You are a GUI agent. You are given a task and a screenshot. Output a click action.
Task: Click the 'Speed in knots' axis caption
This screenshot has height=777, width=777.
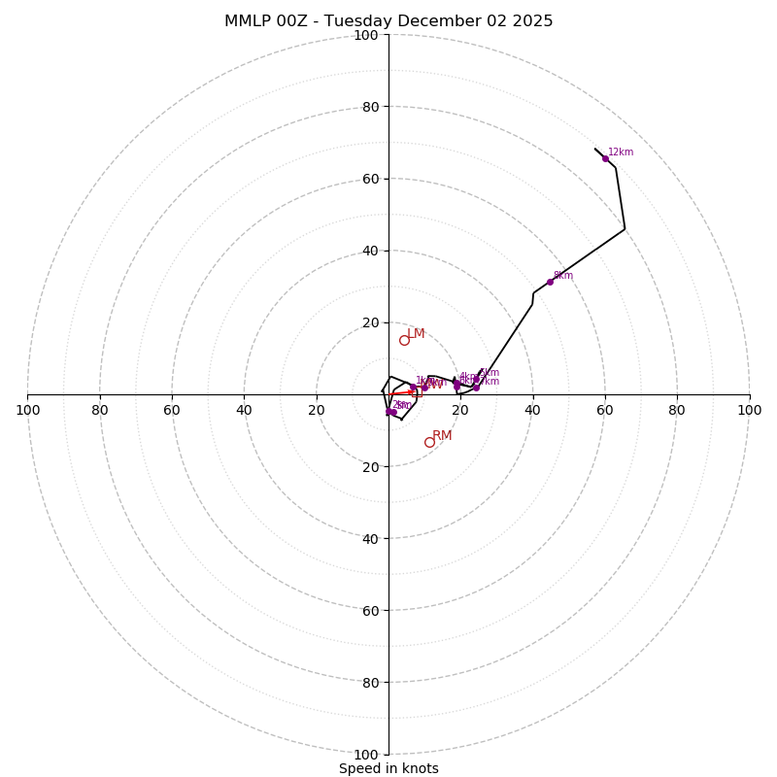[388, 768]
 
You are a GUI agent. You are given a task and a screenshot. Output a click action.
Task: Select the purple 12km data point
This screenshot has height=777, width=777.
[605, 158]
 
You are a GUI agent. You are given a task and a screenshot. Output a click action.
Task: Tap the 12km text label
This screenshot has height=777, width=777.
[621, 152]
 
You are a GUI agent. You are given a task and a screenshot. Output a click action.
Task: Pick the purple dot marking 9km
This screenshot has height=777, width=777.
[550, 282]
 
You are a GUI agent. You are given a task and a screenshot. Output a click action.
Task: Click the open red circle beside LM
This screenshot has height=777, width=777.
[404, 340]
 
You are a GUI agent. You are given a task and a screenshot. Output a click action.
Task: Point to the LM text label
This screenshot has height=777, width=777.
[416, 333]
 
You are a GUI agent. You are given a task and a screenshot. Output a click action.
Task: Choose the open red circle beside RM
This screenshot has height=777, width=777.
[429, 442]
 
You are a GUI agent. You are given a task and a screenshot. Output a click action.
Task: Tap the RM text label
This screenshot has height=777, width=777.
[442, 435]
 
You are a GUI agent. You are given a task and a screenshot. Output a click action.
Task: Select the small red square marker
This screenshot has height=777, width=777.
[417, 392]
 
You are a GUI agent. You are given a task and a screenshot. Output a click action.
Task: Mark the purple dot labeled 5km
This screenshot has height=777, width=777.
[476, 379]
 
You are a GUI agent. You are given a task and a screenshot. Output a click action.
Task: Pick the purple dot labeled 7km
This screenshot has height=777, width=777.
[476, 388]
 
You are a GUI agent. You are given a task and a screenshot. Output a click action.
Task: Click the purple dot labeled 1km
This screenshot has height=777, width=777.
[413, 388]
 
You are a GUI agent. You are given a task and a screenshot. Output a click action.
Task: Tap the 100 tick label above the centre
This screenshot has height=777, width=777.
[365, 35]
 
